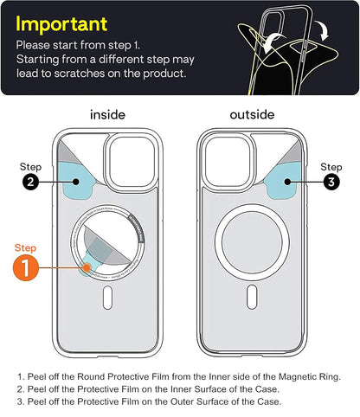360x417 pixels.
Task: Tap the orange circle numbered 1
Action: [27, 268]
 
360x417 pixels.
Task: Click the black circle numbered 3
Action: [331, 183]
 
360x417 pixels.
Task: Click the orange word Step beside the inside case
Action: [27, 247]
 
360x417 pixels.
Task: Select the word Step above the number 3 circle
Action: [331, 166]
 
